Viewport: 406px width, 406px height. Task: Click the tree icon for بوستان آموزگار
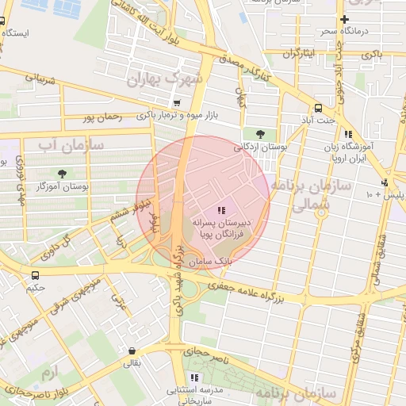pyautogui.click(x=61, y=174)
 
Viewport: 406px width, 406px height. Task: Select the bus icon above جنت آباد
pyautogui.click(x=318, y=108)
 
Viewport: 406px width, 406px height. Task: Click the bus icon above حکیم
pyautogui.click(x=34, y=274)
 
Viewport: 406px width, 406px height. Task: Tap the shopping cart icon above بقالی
pyautogui.click(x=131, y=350)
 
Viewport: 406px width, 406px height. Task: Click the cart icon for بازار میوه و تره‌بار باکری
pyautogui.click(x=176, y=103)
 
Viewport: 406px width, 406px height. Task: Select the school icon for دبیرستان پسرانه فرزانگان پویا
pyautogui.click(x=220, y=210)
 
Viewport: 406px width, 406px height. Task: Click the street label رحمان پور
pyautogui.click(x=105, y=117)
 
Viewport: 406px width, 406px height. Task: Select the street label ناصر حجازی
pyautogui.click(x=207, y=350)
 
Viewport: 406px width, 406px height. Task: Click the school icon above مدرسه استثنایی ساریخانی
pyautogui.click(x=194, y=378)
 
